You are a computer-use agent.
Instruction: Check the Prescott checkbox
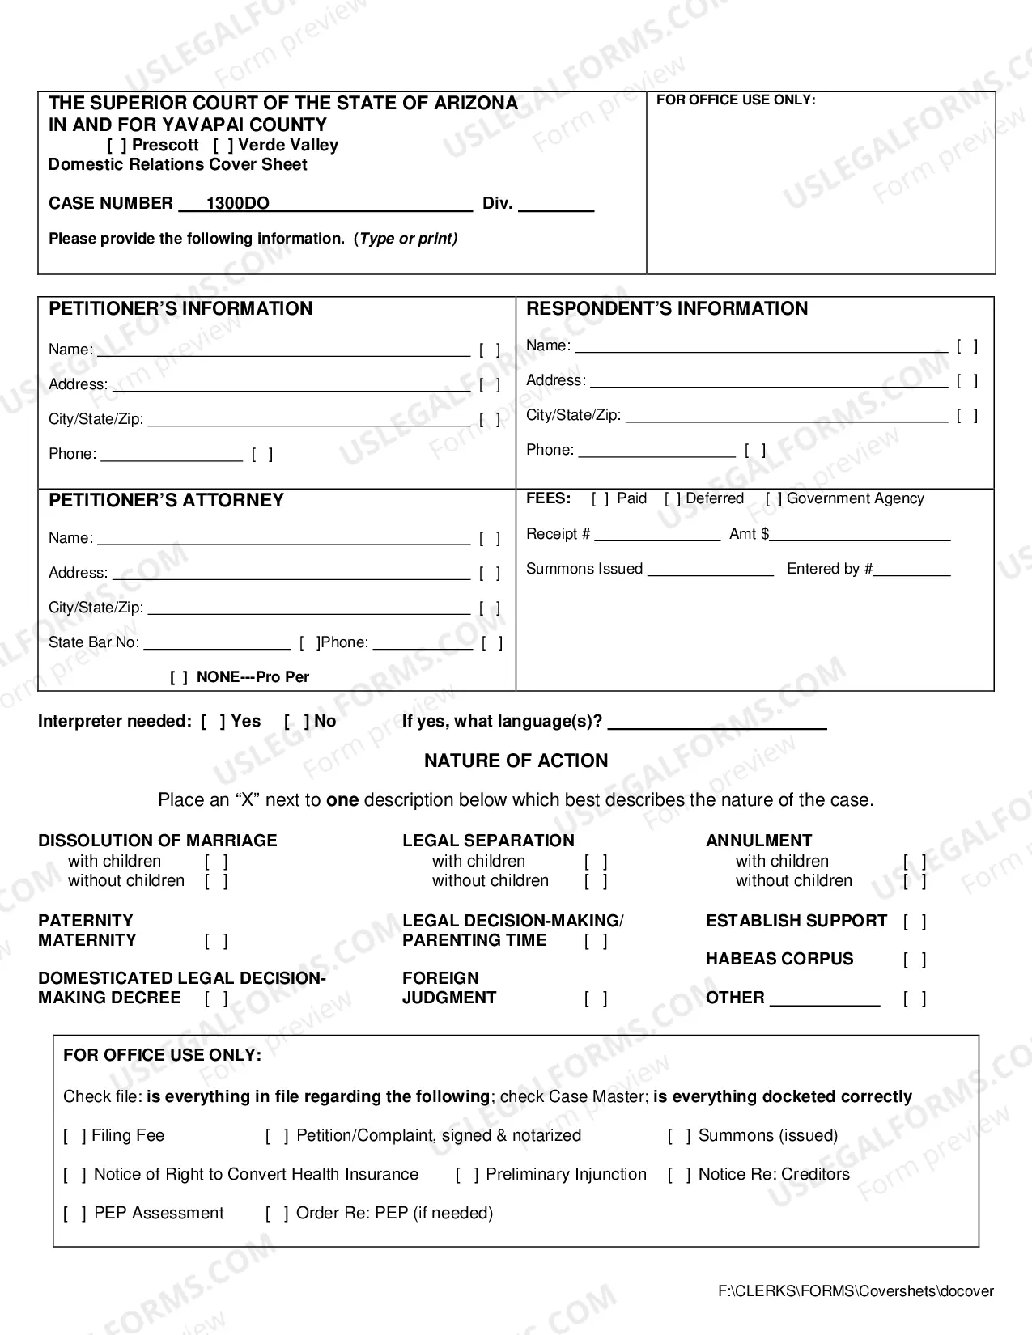117,146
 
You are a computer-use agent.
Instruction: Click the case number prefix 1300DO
237,204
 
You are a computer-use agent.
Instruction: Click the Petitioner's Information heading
180,309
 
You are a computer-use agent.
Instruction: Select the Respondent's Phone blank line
656,451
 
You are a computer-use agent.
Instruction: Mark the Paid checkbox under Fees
600,499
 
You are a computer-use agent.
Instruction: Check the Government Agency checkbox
774,499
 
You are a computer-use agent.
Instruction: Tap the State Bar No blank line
216,644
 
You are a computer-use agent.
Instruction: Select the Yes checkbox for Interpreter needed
213,722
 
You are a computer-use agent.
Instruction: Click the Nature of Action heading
516,761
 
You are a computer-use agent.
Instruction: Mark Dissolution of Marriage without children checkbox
216,881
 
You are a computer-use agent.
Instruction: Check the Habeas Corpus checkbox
915,960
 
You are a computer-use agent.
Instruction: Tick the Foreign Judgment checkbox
596,999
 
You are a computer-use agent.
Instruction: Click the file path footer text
856,1292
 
